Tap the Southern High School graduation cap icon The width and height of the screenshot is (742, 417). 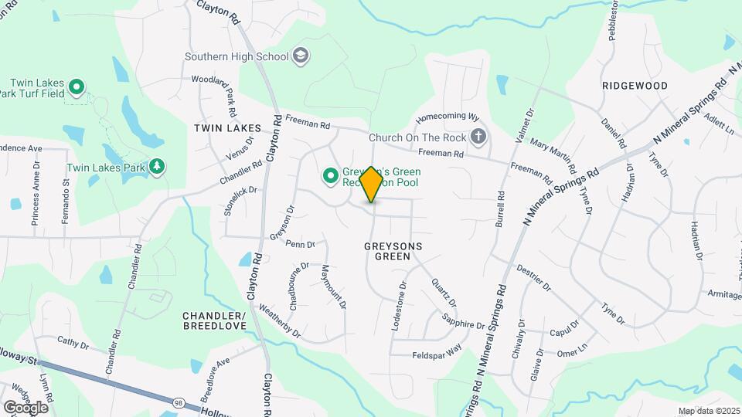[301, 56]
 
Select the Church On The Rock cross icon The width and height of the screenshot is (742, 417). [479, 137]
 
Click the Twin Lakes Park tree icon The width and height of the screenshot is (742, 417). [158, 167]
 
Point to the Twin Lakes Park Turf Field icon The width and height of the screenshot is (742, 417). [76, 86]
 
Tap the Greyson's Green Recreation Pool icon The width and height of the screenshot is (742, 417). [331, 177]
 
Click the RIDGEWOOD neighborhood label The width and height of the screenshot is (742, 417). [635, 86]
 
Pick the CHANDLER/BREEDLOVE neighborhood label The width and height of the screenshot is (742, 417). [214, 321]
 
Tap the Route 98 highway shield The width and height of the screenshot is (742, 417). [179, 402]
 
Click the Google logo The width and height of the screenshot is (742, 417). [26, 407]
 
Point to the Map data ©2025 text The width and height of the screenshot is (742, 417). [709, 411]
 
